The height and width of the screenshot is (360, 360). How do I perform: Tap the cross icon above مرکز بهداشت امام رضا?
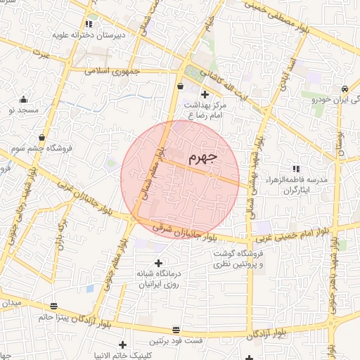coord(205,94)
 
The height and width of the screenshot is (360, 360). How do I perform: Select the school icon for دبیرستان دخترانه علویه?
coord(89,24)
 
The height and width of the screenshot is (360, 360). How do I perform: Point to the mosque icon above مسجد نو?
coord(24,99)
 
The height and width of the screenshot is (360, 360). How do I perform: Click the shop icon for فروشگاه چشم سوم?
coord(44,137)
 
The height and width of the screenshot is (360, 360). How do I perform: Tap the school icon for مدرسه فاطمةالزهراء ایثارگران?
coord(296,169)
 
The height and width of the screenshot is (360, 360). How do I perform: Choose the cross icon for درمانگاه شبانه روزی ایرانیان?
coord(157,262)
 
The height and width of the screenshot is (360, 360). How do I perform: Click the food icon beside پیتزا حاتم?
coord(54,305)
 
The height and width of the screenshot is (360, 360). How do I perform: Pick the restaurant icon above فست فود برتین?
coord(175,329)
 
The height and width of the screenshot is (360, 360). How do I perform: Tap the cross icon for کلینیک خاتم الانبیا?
coord(123,345)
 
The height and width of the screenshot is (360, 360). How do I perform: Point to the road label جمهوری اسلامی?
coord(113,71)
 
